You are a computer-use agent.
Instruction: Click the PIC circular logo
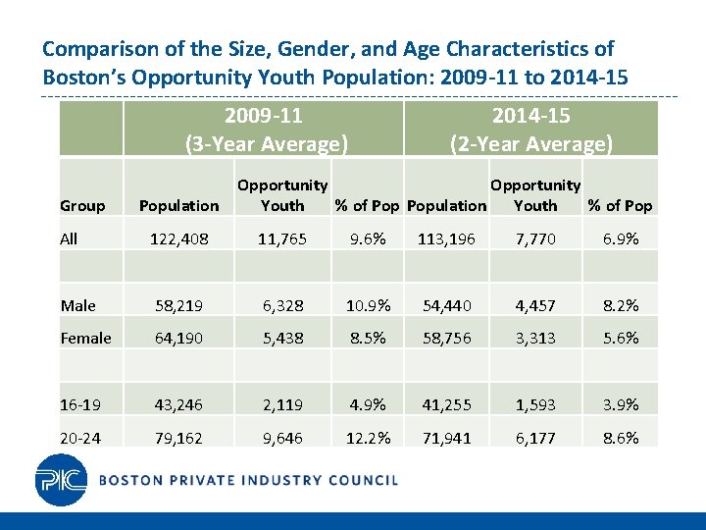pos(61,480)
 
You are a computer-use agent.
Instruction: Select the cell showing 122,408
pos(178,238)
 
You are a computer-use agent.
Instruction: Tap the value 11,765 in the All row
pos(282,238)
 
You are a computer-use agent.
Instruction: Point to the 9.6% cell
pos(368,238)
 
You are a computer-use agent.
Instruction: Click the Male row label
pos(77,305)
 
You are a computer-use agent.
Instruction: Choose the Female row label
pos(85,338)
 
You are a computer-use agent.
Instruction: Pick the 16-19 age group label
pos(78,404)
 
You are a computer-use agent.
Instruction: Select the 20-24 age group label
pos(80,438)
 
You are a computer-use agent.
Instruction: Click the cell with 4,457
pos(535,305)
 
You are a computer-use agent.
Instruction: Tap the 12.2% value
pos(368,438)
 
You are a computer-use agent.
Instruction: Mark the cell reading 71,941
pos(446,438)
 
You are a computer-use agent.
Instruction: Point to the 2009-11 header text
pos(263,116)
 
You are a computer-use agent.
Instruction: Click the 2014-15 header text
pos(530,116)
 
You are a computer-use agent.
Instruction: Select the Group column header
pos(82,205)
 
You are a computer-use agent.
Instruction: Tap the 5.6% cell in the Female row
pos(619,338)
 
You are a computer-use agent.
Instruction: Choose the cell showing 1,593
pos(535,404)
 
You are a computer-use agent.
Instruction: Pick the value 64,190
pos(178,338)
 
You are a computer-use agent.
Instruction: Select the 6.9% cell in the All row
pos(619,238)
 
